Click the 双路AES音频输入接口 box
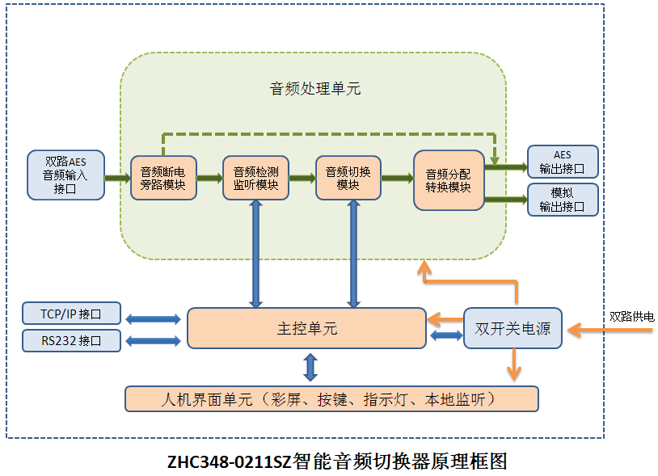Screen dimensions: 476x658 point(65,175)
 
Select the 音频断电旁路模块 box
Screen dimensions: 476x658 point(162,178)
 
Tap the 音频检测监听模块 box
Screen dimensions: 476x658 point(255,178)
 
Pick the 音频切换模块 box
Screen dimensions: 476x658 point(348,178)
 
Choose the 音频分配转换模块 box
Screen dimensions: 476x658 point(449,180)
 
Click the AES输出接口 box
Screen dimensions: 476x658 point(562,162)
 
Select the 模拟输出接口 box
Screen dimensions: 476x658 point(562,200)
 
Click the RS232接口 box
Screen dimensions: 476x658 point(72,340)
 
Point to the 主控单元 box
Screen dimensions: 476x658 point(306,328)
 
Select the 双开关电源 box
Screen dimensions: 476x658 point(512,329)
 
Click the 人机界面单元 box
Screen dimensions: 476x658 point(331,398)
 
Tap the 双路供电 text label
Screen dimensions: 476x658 point(631,318)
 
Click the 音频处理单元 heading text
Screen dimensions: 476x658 point(315,89)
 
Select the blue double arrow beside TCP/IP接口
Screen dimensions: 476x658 point(153,318)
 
